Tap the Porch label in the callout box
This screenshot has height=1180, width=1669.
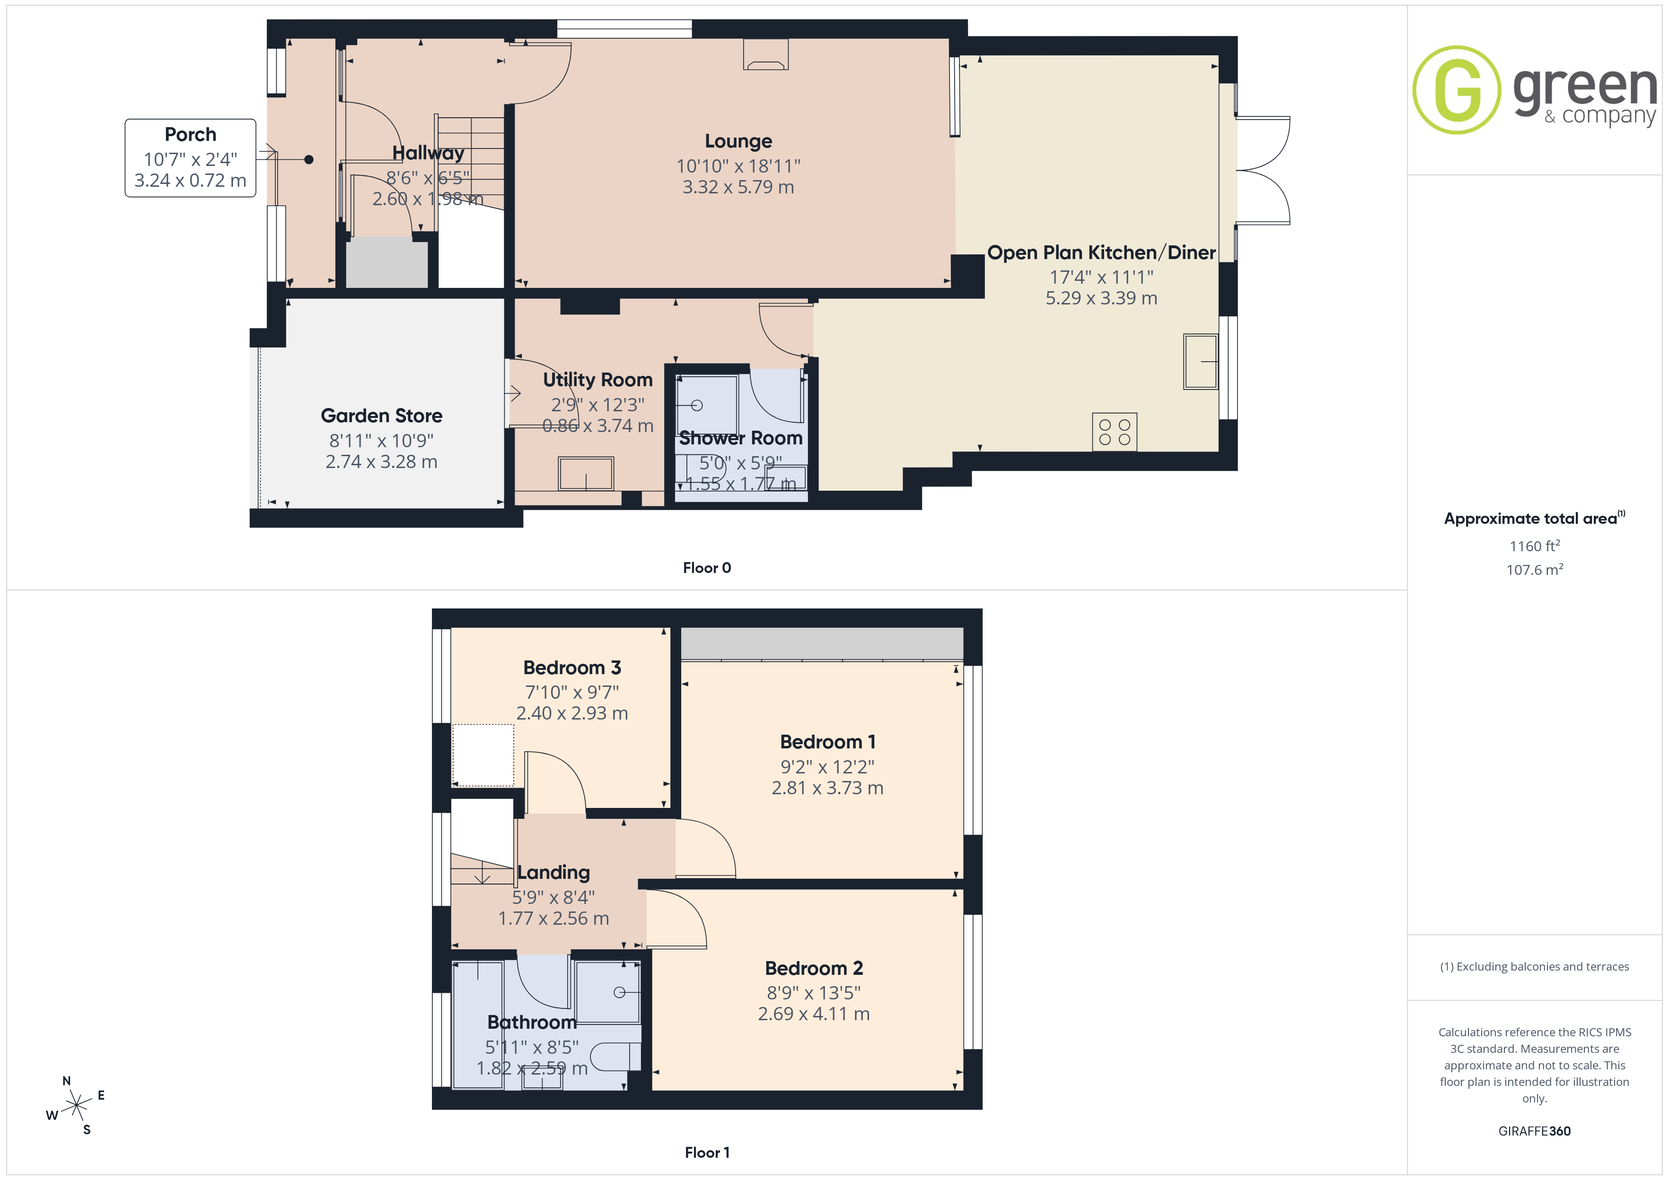pyautogui.click(x=191, y=134)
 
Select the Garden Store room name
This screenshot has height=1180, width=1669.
pyautogui.click(x=382, y=416)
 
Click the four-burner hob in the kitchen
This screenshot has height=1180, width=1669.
pyautogui.click(x=1115, y=432)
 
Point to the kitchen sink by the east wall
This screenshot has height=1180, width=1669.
pyautogui.click(x=1200, y=361)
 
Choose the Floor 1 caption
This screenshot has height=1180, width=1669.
pyautogui.click(x=707, y=1153)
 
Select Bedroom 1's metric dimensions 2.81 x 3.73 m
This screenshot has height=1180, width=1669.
pyautogui.click(x=827, y=788)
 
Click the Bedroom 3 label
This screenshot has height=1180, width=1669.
pyautogui.click(x=572, y=668)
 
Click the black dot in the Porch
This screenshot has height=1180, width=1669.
pyautogui.click(x=309, y=159)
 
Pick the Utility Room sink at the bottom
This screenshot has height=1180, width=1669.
pyautogui.click(x=586, y=474)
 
